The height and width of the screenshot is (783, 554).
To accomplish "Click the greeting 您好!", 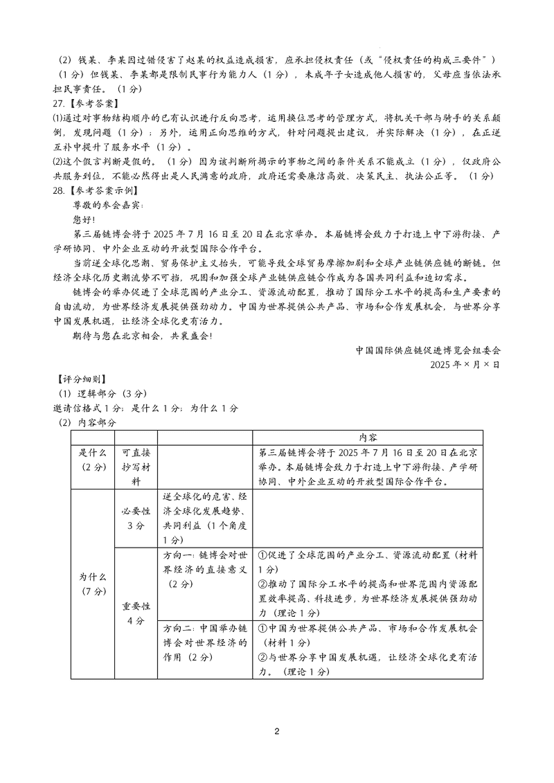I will [x=85, y=219].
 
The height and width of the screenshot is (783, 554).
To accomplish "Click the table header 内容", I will [x=368, y=438].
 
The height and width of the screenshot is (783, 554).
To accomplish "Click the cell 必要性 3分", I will [x=136, y=519].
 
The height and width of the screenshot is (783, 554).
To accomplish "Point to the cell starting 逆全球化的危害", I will [x=205, y=519].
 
